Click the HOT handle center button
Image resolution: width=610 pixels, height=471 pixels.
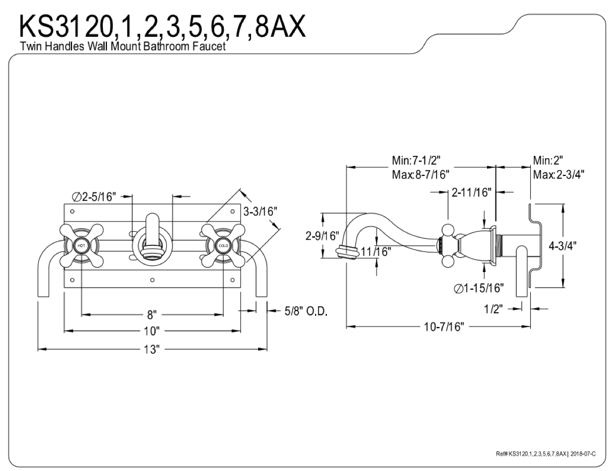point(81,245)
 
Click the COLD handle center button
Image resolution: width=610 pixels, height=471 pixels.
point(223,245)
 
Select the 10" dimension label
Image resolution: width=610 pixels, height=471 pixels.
point(151,331)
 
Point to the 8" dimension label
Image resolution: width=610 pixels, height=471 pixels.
point(152,315)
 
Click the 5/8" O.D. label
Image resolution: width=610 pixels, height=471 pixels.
point(306,311)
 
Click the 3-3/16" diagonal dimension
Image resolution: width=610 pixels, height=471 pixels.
point(261,212)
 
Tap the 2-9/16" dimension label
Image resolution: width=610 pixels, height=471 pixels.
point(323,236)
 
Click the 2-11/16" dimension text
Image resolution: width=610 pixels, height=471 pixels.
point(472,192)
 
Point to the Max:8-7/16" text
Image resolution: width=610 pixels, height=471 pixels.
point(420,175)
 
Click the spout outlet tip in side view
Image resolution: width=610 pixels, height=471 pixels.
point(347,252)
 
